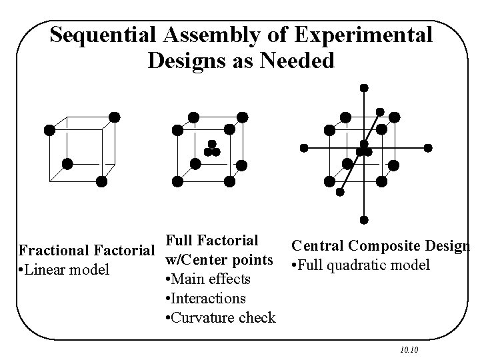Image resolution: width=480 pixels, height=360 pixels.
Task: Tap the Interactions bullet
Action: click(205, 298)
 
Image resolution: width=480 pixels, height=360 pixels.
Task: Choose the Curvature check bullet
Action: click(220, 317)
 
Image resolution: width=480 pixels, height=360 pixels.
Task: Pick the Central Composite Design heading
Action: click(381, 246)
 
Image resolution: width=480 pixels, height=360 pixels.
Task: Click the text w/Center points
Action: click(219, 259)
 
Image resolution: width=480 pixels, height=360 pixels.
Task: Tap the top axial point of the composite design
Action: click(364, 87)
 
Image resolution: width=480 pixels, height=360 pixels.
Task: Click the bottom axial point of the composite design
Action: click(364, 219)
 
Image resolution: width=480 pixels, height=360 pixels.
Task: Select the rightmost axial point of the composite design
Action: click(428, 147)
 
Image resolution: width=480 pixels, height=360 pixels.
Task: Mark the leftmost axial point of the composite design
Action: click(304, 147)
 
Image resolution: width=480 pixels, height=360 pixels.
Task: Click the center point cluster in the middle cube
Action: click(212, 149)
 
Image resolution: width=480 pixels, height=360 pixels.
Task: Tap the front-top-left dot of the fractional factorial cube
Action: click(49, 130)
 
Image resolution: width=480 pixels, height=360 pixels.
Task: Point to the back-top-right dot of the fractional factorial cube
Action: click(115, 117)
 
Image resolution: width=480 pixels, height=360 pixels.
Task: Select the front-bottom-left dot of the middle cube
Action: click(178, 181)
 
